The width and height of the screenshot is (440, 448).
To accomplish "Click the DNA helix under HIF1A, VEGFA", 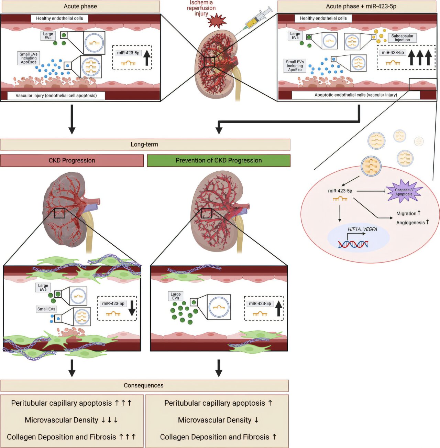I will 353,244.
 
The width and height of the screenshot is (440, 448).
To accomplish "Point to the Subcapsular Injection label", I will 402,38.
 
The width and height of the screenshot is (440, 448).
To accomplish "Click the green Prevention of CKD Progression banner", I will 219,160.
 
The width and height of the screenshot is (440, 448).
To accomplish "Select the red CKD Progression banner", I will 72,160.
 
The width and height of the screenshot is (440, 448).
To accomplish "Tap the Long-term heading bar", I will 145,145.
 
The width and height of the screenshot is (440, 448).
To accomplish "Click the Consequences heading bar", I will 144,385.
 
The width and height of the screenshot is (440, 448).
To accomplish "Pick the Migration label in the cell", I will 406,213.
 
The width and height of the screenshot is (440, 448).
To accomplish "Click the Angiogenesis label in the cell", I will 410,223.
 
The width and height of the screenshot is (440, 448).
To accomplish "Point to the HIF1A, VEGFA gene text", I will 362,229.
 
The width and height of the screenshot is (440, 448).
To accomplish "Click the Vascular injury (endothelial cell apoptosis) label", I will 56,96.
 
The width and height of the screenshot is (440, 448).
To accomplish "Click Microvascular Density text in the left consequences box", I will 62,420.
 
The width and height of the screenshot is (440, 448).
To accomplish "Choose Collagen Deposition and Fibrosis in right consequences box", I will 214,437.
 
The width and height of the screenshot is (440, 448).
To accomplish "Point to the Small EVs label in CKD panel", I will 46,309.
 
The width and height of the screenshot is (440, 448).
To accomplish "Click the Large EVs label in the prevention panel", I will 176,296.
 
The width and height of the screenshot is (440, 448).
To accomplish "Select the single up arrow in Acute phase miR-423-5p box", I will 147,58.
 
